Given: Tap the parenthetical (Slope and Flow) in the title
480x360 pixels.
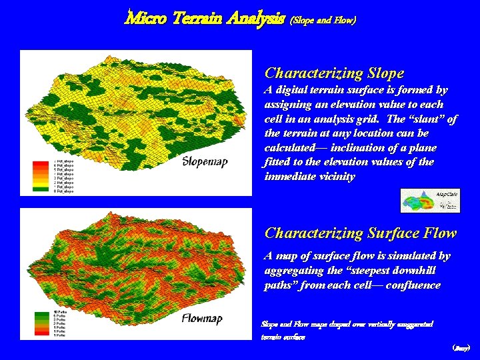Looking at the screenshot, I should [323, 20].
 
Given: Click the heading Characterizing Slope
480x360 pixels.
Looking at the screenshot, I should [334, 73].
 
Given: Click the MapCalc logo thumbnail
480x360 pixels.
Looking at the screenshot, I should [430, 201].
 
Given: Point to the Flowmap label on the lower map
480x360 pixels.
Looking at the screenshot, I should [202, 319].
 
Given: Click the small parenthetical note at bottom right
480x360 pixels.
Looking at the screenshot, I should [461, 348].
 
